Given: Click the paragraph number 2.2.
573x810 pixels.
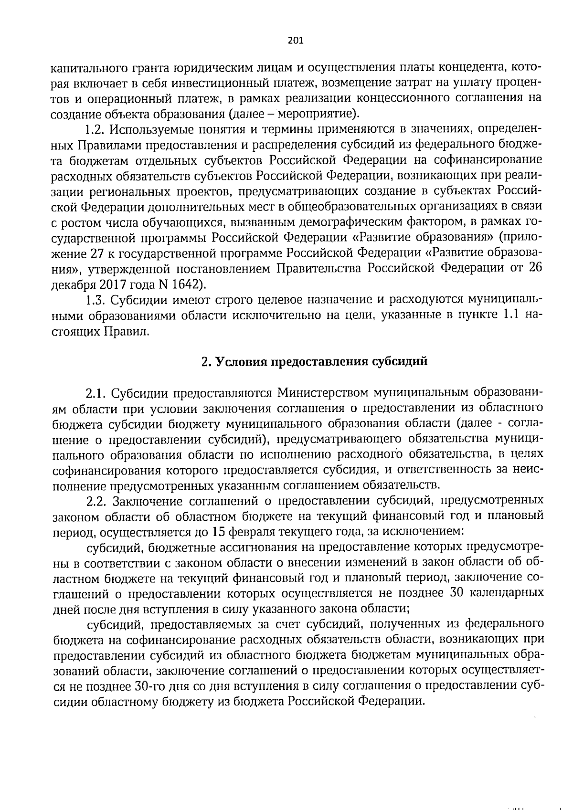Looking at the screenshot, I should point(97,501).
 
